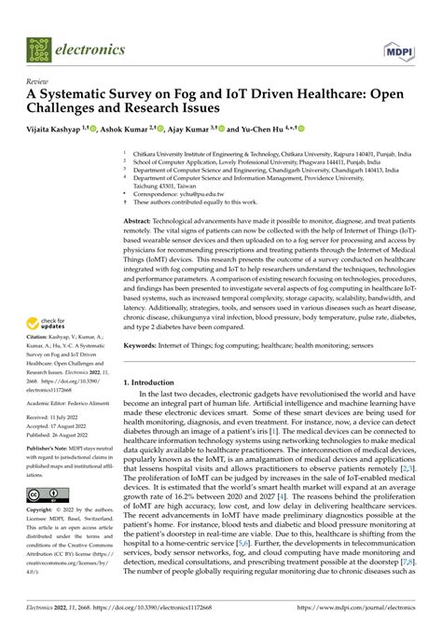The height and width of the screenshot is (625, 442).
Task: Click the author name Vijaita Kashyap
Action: (55, 131)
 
